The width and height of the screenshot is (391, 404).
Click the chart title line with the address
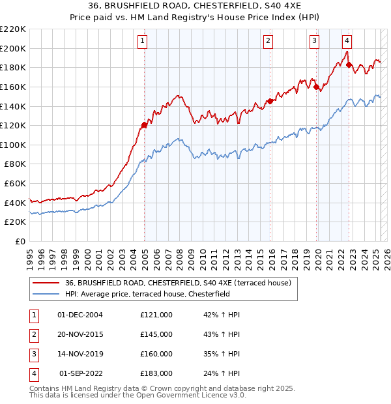195,7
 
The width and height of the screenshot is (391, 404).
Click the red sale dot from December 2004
144,124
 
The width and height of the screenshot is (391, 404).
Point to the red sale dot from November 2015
270,101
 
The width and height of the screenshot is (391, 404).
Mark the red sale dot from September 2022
349,65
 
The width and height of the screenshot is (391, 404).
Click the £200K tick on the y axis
14,48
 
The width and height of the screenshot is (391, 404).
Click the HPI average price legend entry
156,294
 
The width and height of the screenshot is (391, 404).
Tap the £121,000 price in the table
156,315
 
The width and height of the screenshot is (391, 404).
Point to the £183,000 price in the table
156,373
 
